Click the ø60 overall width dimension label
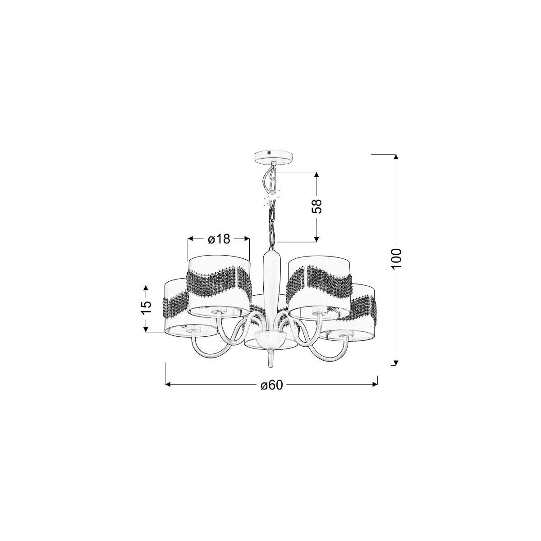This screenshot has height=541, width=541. pos(271,385)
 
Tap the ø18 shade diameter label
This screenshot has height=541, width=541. pos(219,231)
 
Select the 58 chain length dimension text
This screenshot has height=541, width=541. pos(316,206)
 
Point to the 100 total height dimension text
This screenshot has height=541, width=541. pos(396,259)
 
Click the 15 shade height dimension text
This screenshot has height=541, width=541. pos(146,308)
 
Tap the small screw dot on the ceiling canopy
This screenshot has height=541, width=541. pos(269,152)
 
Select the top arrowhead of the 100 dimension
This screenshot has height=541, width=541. pos(396,157)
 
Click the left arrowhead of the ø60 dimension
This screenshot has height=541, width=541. pos(169,385)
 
